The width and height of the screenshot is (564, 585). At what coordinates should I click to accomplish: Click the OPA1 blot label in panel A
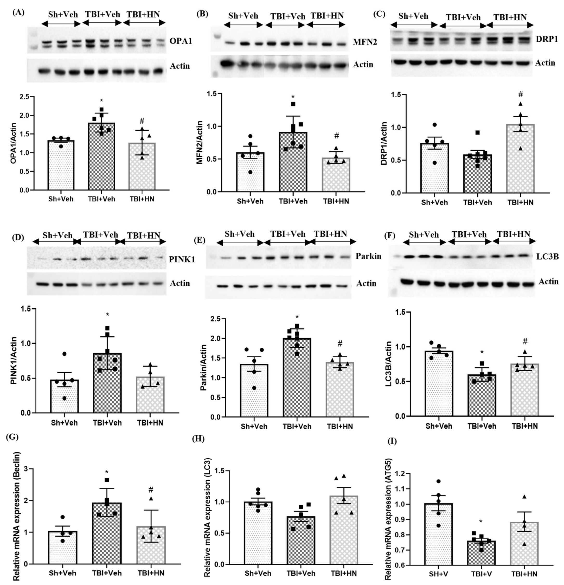pos(181,41)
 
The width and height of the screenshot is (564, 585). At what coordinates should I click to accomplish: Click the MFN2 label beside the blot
pos(365,42)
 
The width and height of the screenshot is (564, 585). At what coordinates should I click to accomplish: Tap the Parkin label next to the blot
pos(368,256)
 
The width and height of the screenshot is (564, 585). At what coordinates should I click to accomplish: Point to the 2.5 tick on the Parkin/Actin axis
pos(217,319)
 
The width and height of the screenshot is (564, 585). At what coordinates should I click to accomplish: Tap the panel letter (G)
pos(12,437)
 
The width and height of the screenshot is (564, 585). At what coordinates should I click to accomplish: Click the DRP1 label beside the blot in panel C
pos(547,39)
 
